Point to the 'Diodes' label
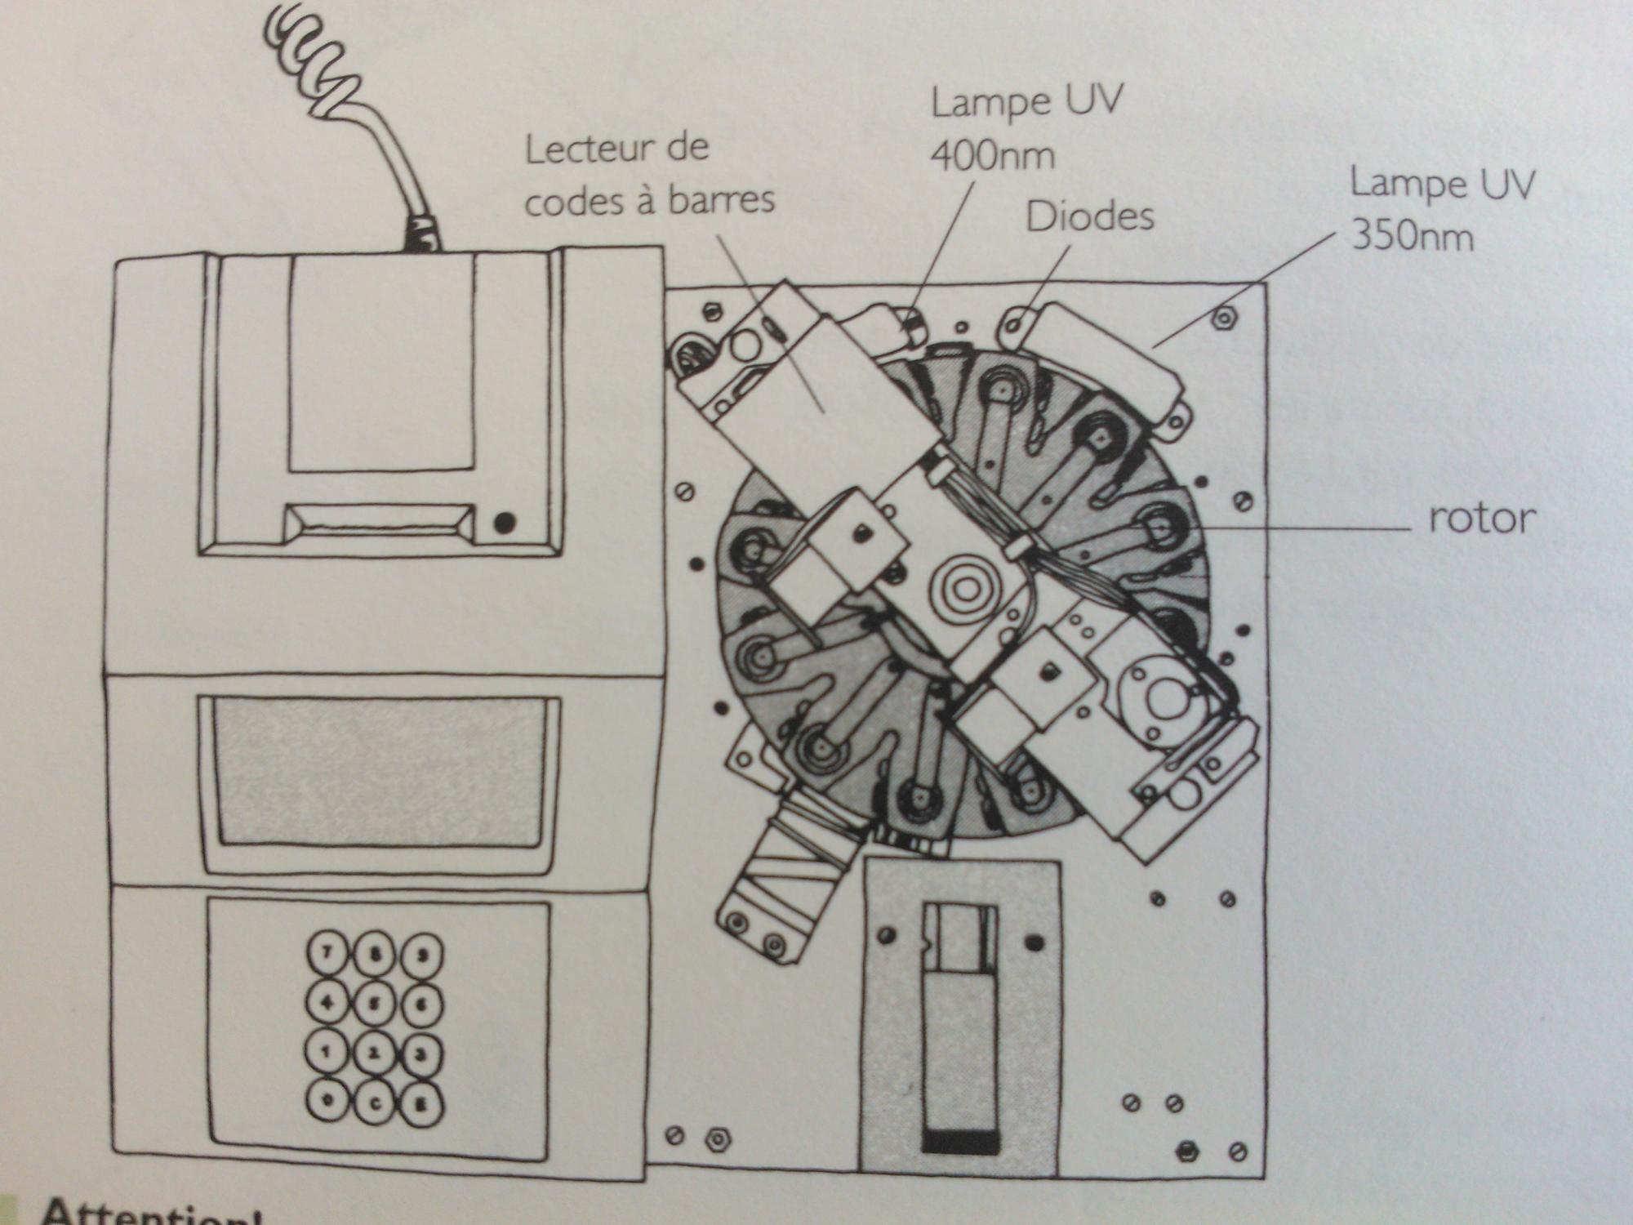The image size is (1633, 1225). [1090, 217]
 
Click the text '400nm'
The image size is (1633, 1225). [992, 155]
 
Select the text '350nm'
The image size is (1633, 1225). [1413, 237]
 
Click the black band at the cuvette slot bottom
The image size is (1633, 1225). [959, 1142]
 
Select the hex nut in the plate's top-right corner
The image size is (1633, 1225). [1222, 318]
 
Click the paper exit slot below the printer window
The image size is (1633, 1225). [380, 521]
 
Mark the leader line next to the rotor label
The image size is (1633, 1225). [1306, 529]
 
